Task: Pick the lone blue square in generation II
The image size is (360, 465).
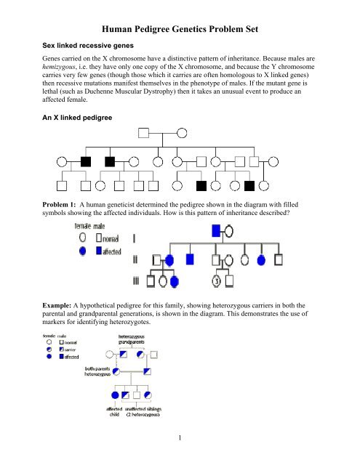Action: click(x=191, y=258)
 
